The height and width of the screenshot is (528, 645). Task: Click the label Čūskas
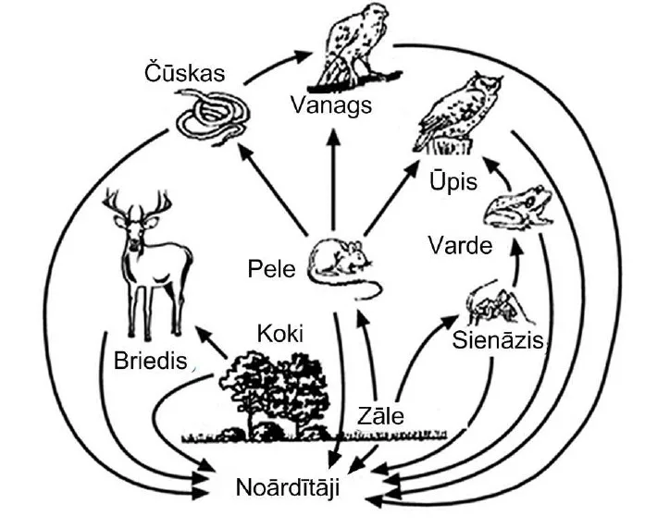tap(184, 73)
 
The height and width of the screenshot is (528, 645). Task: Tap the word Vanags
tap(330, 104)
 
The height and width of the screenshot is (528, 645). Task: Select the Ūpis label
tap(453, 180)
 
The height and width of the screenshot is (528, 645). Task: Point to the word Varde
tap(460, 246)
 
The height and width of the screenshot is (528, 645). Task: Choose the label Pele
tap(271, 269)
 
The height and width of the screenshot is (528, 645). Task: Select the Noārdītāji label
tap(287, 487)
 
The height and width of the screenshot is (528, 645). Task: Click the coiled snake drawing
tap(215, 118)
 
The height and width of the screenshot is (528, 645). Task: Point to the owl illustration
tap(460, 111)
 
